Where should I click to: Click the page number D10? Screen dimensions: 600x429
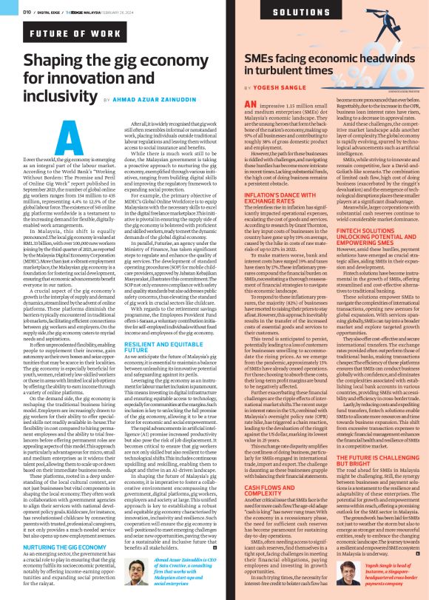[15, 12]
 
